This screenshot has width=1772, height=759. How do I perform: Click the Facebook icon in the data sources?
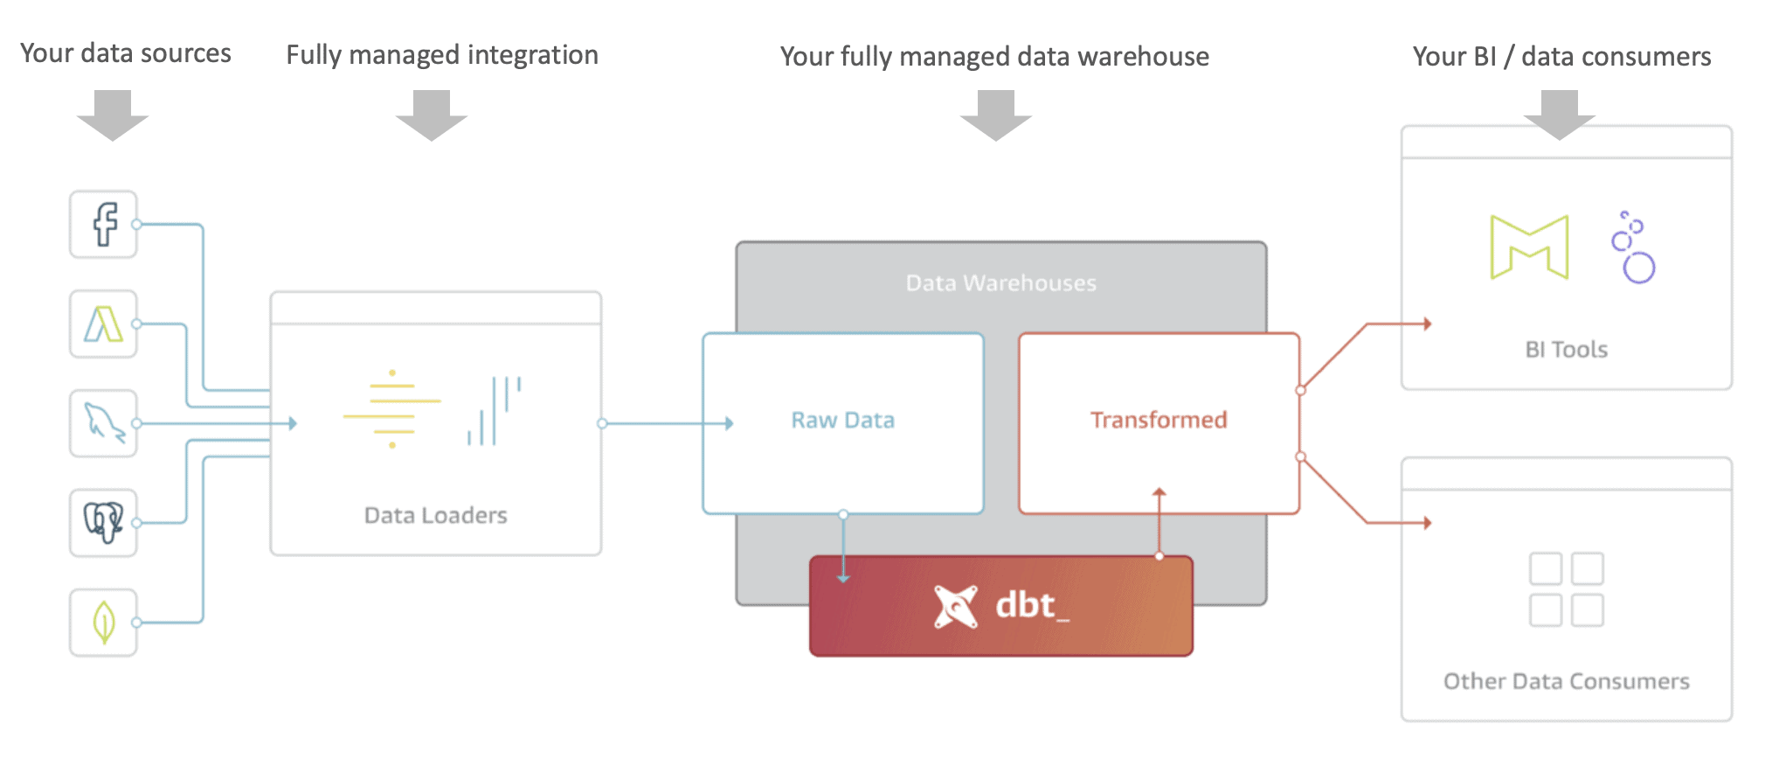pyautogui.click(x=104, y=225)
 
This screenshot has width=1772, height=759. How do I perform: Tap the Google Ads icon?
pyautogui.click(x=104, y=324)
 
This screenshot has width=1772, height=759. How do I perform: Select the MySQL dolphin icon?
pyautogui.click(x=104, y=423)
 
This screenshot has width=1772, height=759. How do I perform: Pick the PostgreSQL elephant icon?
pyautogui.click(x=104, y=523)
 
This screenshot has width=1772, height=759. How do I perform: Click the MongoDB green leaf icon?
pyautogui.click(x=104, y=623)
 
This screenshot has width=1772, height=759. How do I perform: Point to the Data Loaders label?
pyautogui.click(x=435, y=516)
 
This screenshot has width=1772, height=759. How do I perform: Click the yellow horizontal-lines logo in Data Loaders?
pyautogui.click(x=392, y=409)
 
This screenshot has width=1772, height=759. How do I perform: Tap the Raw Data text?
pyautogui.click(x=842, y=421)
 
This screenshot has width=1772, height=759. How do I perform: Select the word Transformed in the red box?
pyautogui.click(x=1159, y=421)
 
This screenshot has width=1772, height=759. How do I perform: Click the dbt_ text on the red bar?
pyautogui.click(x=1032, y=605)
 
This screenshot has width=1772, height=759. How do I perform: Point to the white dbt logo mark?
pyautogui.click(x=955, y=606)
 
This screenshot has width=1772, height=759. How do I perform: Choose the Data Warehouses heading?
pyautogui.click(x=1000, y=283)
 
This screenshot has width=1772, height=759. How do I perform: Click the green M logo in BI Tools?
pyautogui.click(x=1529, y=247)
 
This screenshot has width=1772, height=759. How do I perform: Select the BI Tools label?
pyautogui.click(x=1566, y=350)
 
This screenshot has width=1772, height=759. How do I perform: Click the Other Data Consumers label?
pyautogui.click(x=1566, y=681)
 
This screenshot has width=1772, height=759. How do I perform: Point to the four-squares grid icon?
pyautogui.click(x=1566, y=589)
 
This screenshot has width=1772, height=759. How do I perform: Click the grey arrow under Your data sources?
pyautogui.click(x=113, y=115)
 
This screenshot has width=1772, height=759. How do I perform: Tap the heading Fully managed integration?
pyautogui.click(x=442, y=55)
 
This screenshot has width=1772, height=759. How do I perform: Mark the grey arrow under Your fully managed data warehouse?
pyautogui.click(x=996, y=115)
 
